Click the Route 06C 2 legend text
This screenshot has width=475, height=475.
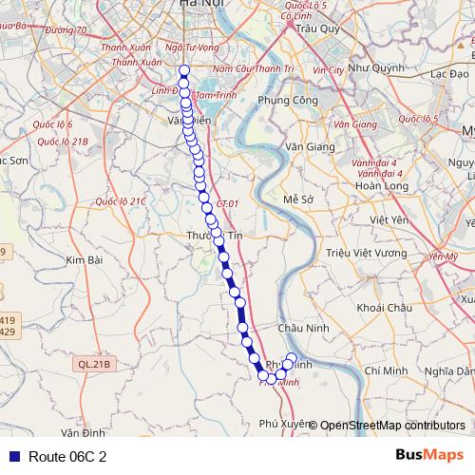coord(66,457)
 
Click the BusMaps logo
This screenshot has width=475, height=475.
coord(429,456)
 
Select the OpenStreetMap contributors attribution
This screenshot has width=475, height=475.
coord(392,425)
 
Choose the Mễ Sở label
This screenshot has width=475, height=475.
coord(298,199)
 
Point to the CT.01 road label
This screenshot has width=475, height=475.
coord(226,204)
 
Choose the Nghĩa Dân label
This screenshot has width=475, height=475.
coord(449,370)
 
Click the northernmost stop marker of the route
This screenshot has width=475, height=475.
coord(183,69)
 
